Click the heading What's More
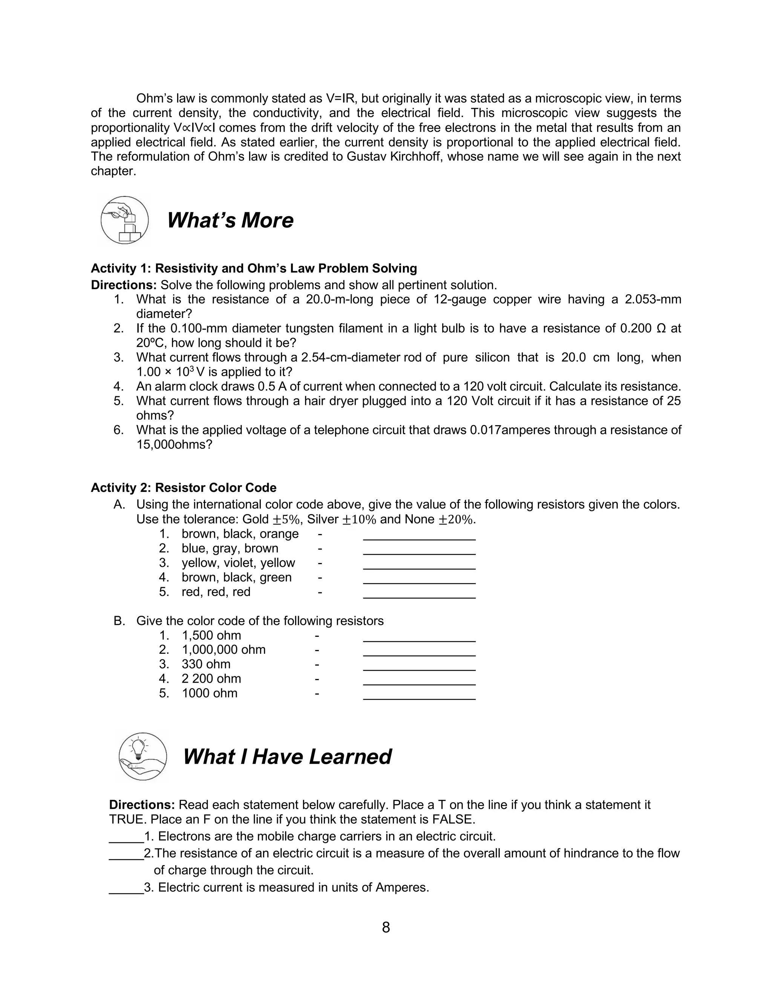[x=230, y=220]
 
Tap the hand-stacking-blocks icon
[x=124, y=220]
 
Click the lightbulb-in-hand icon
[x=142, y=757]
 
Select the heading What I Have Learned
[x=287, y=757]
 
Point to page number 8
[x=386, y=928]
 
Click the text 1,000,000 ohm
[x=223, y=650]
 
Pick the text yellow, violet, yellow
[x=238, y=563]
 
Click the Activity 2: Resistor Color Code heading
[x=184, y=488]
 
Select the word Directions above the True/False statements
[x=142, y=805]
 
